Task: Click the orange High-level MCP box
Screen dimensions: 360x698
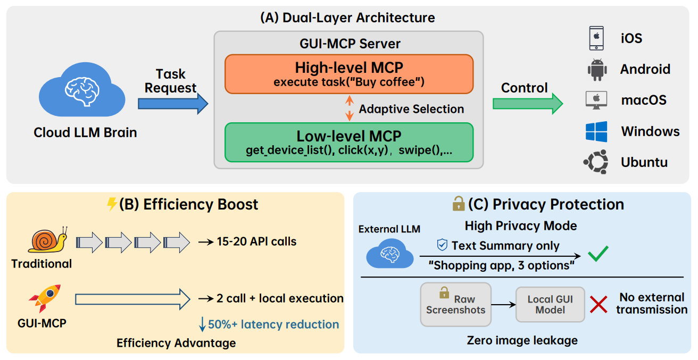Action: click(x=349, y=74)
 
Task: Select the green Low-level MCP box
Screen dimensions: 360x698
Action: click(x=349, y=142)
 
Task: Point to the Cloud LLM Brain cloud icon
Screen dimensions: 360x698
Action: click(x=82, y=90)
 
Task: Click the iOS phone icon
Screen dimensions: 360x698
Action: click(x=597, y=38)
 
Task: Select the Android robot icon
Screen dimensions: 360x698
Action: click(x=597, y=69)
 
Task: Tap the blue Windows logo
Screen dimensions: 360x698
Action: click(x=597, y=131)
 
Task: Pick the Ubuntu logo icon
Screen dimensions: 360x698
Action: click(x=597, y=162)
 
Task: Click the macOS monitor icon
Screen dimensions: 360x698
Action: click(x=597, y=100)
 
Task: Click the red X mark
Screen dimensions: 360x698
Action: click(x=599, y=305)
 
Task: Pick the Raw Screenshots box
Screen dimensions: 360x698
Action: click(x=455, y=304)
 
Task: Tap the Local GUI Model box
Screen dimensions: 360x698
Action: click(x=550, y=304)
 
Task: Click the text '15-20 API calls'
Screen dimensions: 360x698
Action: click(x=256, y=241)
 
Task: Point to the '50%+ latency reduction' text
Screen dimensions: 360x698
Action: click(x=273, y=324)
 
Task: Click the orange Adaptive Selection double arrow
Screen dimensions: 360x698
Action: click(x=349, y=108)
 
